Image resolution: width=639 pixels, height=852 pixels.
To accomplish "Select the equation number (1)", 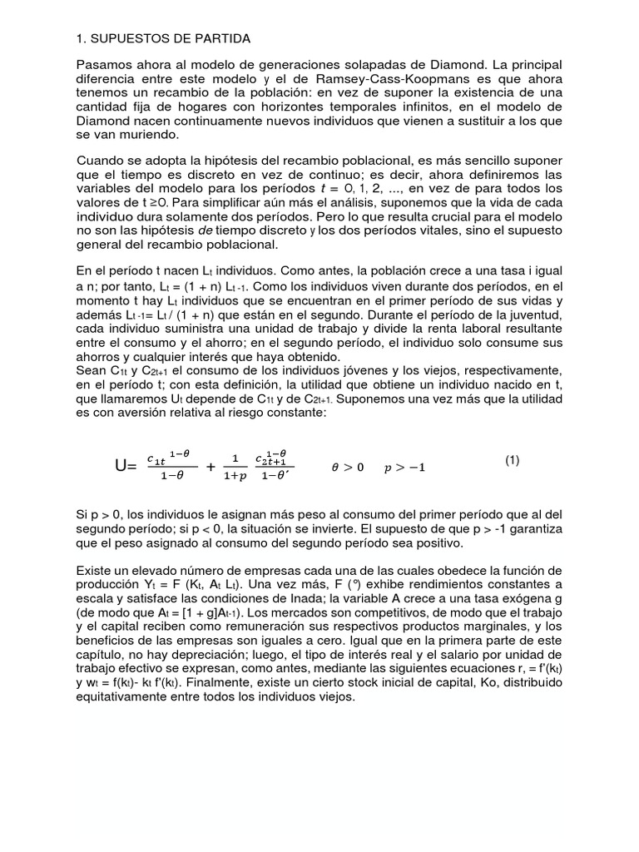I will click(512, 460).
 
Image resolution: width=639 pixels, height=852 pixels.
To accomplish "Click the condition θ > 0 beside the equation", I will click(348, 468).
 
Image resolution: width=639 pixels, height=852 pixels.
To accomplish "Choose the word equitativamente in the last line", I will click(126, 697).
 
